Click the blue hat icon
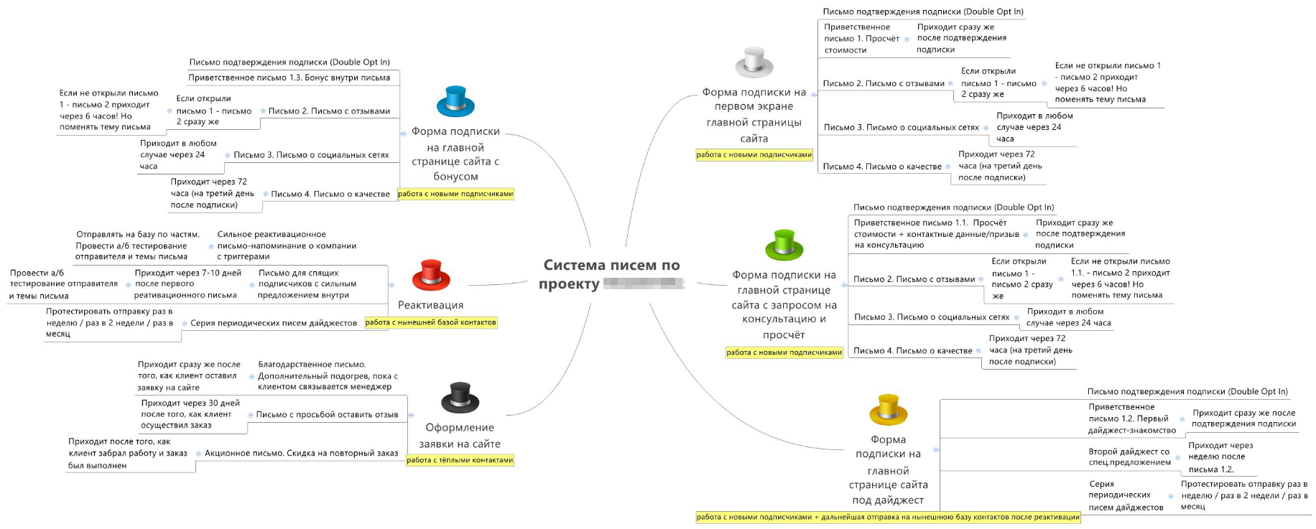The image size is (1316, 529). click(x=455, y=101)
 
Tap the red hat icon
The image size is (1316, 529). click(x=431, y=276)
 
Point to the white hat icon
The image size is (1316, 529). click(x=754, y=63)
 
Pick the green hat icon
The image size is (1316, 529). click(x=784, y=245)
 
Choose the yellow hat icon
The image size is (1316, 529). click(x=889, y=410)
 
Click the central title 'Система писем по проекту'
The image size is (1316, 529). click(x=611, y=274)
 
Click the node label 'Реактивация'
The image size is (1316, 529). click(x=431, y=305)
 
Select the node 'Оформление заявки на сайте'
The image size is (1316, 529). click(x=460, y=436)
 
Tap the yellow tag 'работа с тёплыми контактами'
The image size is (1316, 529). click(x=460, y=460)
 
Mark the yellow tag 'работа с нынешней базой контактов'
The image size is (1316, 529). click(x=431, y=322)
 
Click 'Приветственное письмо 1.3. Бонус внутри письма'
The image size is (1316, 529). click(x=289, y=78)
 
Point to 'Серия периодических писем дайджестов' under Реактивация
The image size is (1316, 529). click(x=274, y=323)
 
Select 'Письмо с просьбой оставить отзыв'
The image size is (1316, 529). click(x=327, y=414)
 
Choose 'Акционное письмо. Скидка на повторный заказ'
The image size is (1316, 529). click(x=301, y=453)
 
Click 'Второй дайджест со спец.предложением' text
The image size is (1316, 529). click(x=1129, y=457)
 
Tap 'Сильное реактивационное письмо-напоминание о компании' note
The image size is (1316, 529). click(x=287, y=245)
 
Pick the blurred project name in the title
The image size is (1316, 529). click(x=643, y=284)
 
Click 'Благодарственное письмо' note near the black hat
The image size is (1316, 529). click(x=328, y=375)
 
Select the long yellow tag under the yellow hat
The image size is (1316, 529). click(x=888, y=517)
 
